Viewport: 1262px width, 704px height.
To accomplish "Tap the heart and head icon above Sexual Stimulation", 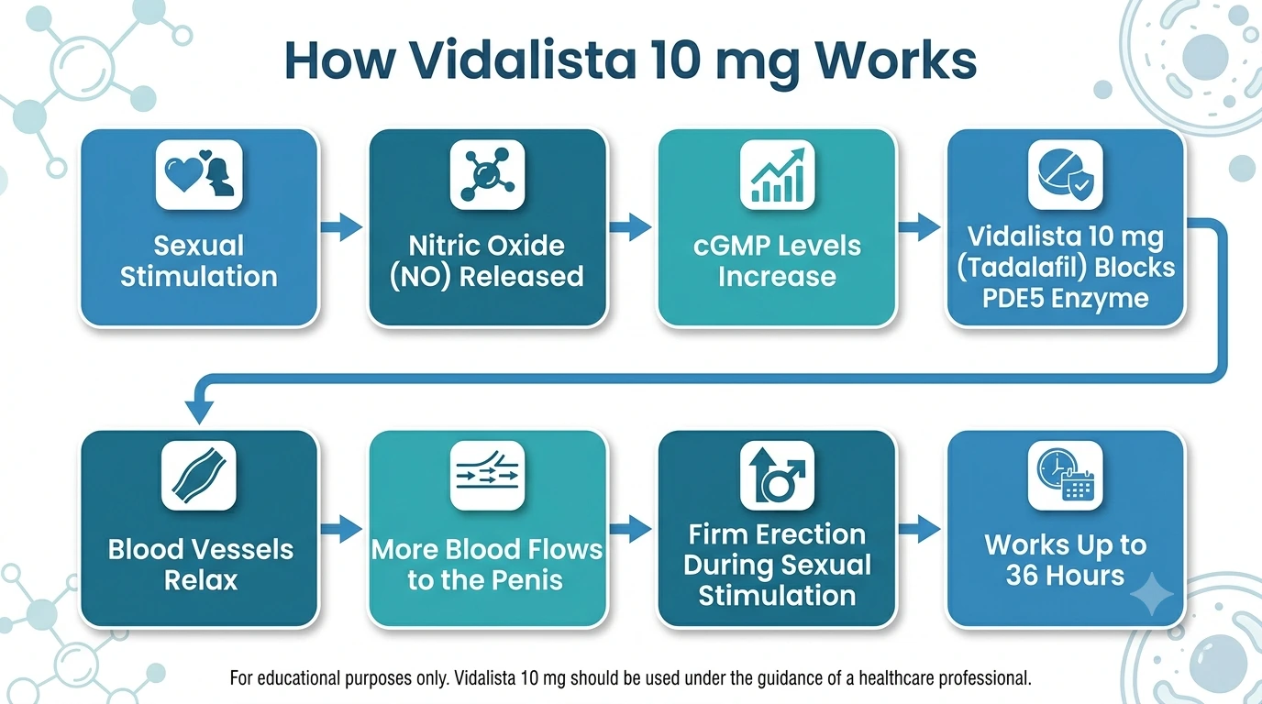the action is tap(199, 174).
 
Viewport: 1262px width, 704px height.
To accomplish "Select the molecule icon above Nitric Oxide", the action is tap(487, 174).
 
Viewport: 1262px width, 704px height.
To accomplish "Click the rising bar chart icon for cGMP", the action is tap(777, 174).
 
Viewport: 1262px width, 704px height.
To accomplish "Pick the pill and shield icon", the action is tap(1066, 174).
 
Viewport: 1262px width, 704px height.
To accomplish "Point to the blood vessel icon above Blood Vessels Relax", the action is tap(199, 476).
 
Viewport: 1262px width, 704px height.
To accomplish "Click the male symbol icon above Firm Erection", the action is tap(777, 476).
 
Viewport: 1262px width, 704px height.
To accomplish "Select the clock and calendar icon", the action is tap(1066, 476).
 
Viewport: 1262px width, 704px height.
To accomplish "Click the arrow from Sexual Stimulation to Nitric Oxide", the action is tap(341, 227).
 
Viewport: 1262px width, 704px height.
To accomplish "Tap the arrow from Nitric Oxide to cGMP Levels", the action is tap(630, 227).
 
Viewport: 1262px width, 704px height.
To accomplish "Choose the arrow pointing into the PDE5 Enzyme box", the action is tap(919, 227).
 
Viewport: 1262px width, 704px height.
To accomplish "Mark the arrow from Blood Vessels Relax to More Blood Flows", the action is tap(341, 529).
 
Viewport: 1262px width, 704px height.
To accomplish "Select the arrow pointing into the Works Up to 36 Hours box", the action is tap(919, 529).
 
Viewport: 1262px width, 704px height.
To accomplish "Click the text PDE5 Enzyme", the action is tap(1066, 298).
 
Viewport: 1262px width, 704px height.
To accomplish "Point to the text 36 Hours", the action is tap(1066, 575).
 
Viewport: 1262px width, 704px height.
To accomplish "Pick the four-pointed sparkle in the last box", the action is tap(1152, 594).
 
